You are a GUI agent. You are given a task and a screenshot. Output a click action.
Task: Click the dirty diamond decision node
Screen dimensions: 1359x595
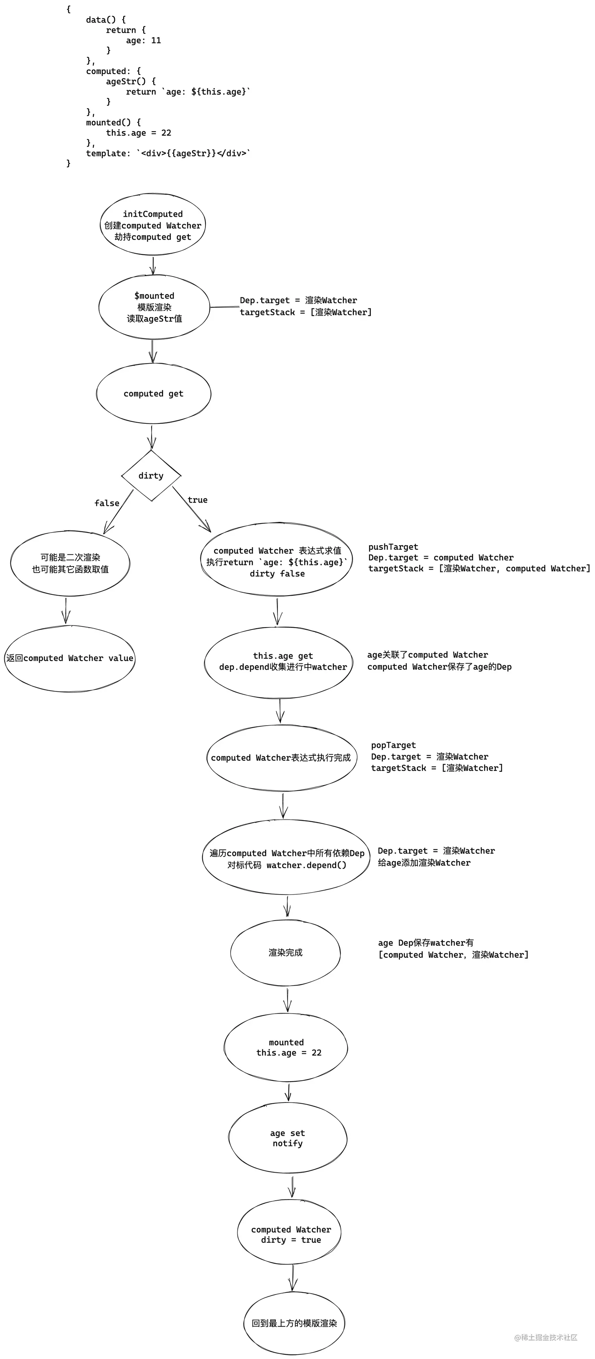(x=151, y=475)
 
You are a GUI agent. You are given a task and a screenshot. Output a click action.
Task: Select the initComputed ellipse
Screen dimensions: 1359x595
(x=153, y=225)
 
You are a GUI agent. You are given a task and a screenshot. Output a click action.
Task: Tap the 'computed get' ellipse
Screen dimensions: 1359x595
(x=153, y=394)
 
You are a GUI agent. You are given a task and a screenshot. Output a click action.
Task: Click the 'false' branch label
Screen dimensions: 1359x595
(x=107, y=503)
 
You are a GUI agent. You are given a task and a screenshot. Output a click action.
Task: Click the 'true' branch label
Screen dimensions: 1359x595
(x=197, y=499)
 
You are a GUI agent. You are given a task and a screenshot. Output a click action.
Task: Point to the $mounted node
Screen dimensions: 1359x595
(x=154, y=307)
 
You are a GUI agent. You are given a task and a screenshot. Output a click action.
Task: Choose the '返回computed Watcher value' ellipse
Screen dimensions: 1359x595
(x=70, y=658)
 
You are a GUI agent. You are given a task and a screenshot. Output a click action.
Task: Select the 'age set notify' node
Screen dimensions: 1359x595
(x=288, y=1138)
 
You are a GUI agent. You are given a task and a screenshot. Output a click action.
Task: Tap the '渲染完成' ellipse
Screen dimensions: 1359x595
(x=285, y=952)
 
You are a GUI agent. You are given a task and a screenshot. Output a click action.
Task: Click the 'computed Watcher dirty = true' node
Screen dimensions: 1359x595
(x=291, y=1235)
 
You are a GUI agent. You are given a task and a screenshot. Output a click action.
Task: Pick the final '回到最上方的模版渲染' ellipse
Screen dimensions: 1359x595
(x=294, y=1323)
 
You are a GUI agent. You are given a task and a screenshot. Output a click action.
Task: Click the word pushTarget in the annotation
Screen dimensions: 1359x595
(x=393, y=547)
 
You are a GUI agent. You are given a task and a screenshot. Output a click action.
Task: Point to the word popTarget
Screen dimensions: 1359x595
(x=393, y=745)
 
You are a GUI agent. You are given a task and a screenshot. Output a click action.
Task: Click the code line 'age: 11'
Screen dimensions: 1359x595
(x=143, y=40)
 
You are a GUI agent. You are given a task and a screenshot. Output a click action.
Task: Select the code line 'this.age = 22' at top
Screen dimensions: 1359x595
(x=138, y=132)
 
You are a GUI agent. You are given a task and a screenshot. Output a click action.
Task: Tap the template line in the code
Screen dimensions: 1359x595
(x=168, y=153)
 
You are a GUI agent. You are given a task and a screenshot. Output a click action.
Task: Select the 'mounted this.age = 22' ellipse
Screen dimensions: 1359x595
(x=286, y=1047)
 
